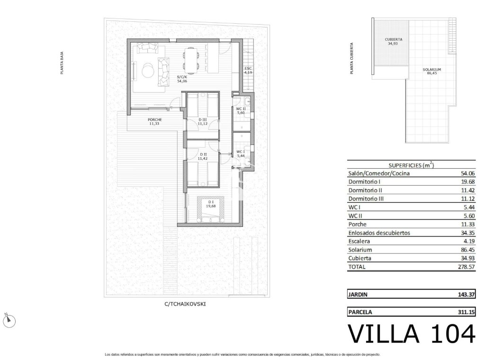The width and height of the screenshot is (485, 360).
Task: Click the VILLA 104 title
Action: [x=411, y=333]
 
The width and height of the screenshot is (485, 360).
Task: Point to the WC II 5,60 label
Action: [x=242, y=111]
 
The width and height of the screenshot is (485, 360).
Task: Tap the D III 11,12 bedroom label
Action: [x=202, y=121]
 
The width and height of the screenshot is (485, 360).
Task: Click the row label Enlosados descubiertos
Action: [x=379, y=233]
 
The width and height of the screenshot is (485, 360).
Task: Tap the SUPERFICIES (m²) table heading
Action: [x=411, y=165]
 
